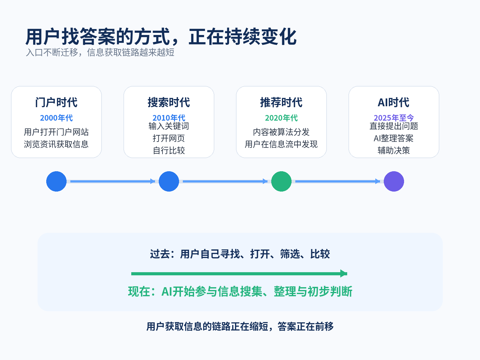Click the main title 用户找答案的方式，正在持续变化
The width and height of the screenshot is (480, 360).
pyautogui.click(x=161, y=37)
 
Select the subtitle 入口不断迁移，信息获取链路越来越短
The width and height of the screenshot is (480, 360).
pyautogui.click(x=100, y=52)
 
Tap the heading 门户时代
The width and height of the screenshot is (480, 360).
pyautogui.click(x=57, y=102)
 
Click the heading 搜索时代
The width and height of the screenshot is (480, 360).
pyautogui.click(x=169, y=102)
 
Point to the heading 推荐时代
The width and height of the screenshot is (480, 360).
pyautogui.click(x=281, y=102)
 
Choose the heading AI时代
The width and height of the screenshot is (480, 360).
pyautogui.click(x=394, y=102)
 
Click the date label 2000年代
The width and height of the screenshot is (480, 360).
pyautogui.click(x=57, y=118)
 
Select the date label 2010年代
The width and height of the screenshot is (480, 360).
pyautogui.click(x=169, y=117)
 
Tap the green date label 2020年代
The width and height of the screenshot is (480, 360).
pyautogui.click(x=281, y=118)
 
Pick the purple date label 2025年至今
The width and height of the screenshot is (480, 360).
pyautogui.click(x=394, y=117)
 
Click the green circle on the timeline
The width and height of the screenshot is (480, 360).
pyautogui.click(x=281, y=182)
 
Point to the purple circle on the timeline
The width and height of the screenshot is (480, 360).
pyautogui.click(x=394, y=182)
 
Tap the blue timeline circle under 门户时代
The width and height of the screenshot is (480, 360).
pyautogui.click(x=57, y=182)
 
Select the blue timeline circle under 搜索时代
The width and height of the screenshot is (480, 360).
pyautogui.click(x=169, y=182)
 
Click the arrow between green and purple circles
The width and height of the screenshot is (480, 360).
pyautogui.click(x=337, y=181)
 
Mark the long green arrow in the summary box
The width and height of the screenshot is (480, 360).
pyautogui.click(x=239, y=273)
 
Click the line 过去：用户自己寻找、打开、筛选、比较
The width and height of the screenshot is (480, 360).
pyautogui.click(x=240, y=254)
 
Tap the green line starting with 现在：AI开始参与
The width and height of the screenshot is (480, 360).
pyautogui.click(x=240, y=291)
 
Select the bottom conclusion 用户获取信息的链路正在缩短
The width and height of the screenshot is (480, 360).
pyautogui.click(x=207, y=327)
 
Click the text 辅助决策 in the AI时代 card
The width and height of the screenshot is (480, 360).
pyautogui.click(x=394, y=150)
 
